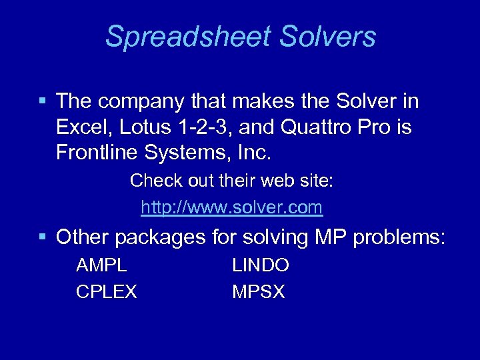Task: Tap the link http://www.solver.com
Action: click(x=232, y=208)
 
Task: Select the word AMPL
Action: click(x=102, y=265)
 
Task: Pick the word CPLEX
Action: click(x=107, y=291)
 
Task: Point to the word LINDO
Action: click(x=261, y=265)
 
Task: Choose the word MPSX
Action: click(x=259, y=291)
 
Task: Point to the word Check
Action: click(x=150, y=181)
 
